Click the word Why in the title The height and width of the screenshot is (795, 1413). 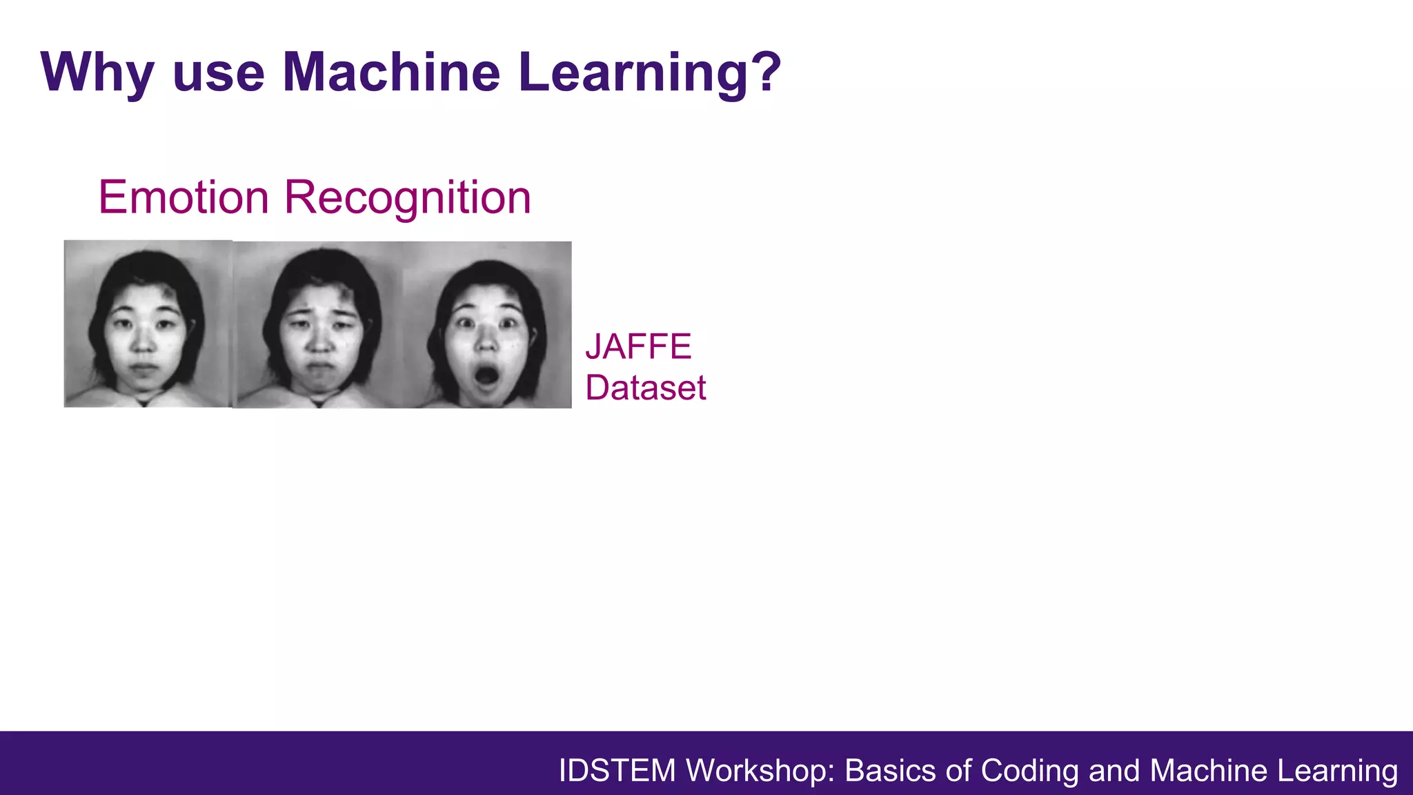[x=97, y=72]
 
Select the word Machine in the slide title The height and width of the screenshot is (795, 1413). [x=391, y=72]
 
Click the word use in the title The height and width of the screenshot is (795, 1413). [x=219, y=73]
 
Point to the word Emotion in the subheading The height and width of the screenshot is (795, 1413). [x=184, y=197]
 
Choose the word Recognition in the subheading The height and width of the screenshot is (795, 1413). [x=407, y=197]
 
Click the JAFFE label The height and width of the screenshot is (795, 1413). [x=638, y=346]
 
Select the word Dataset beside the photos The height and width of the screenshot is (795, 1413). [x=645, y=388]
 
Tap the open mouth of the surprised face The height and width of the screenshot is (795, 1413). [x=487, y=376]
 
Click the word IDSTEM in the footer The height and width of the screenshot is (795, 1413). [x=617, y=771]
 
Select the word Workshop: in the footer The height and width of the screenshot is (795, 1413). [x=760, y=771]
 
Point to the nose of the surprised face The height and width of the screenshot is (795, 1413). [x=486, y=343]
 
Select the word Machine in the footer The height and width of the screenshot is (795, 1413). [x=1208, y=771]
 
